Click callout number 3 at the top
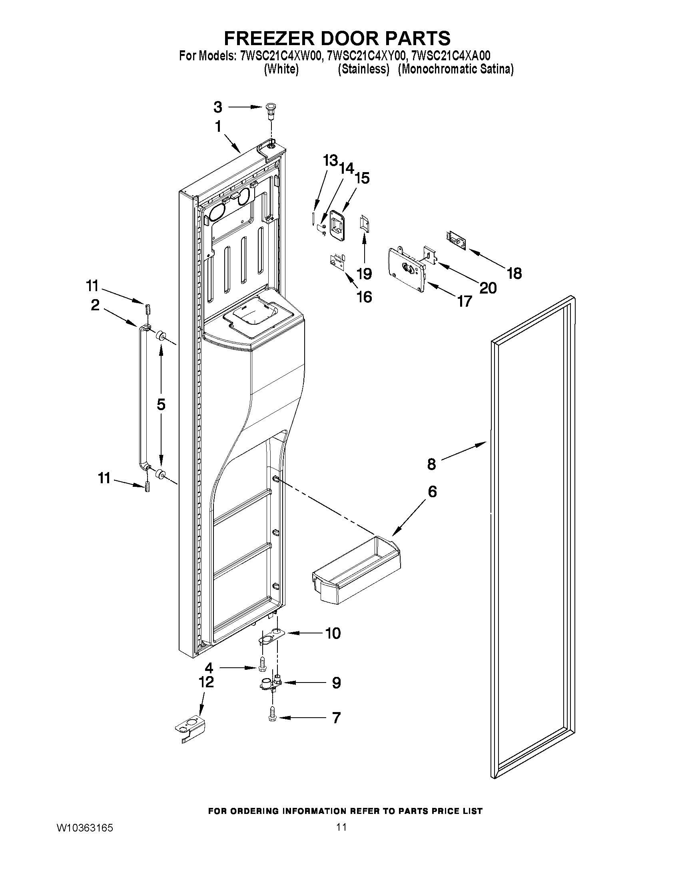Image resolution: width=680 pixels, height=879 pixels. [217, 107]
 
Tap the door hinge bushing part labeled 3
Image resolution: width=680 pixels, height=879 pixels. [270, 109]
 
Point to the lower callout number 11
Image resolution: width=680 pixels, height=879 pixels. [104, 478]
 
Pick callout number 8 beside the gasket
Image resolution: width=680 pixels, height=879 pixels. [431, 464]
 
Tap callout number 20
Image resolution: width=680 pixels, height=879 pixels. [488, 288]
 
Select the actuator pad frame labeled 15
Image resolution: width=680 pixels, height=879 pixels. [337, 225]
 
